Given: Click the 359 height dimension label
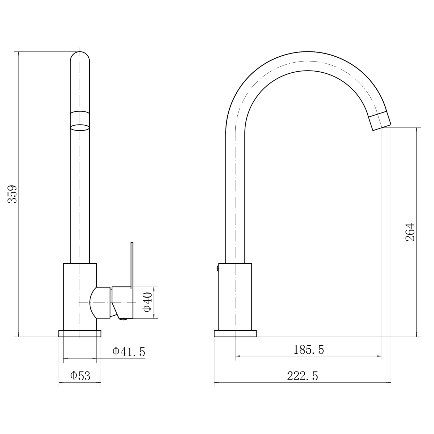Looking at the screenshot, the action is (12, 194).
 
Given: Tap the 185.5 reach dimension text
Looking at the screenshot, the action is (309, 350).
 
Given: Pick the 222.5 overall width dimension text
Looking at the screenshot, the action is (303, 376).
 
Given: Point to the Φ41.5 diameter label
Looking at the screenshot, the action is (129, 352).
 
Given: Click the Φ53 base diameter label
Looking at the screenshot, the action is (80, 376).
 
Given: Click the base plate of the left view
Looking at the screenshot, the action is (80, 334).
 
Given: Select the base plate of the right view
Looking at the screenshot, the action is (235, 334).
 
